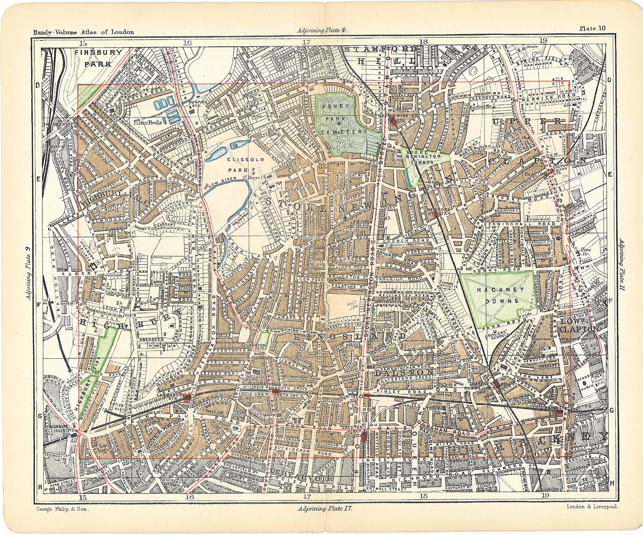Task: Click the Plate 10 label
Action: pyautogui.click(x=592, y=28)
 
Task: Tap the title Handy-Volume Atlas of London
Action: pyautogui.click(x=83, y=32)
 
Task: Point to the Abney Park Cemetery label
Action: pyautogui.click(x=339, y=119)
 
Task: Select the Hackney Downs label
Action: pyautogui.click(x=497, y=295)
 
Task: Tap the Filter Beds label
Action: pyautogui.click(x=148, y=122)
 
